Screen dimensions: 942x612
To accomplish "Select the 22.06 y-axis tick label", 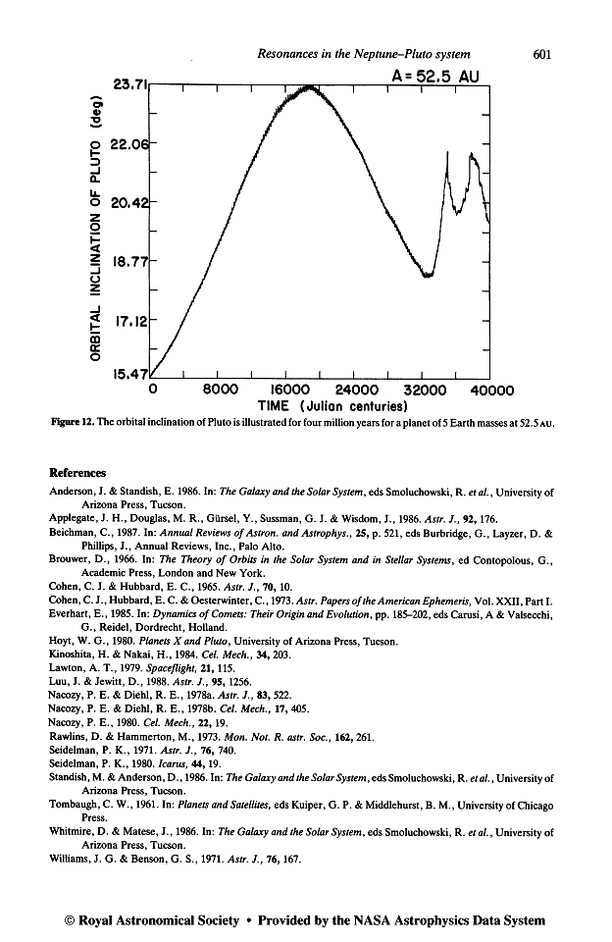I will click(131, 144).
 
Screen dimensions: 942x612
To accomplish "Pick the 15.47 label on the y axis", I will click(131, 377).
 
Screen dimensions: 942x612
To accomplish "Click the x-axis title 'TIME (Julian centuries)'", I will click(331, 405).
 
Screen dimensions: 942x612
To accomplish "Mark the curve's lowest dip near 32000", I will click(427, 276).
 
